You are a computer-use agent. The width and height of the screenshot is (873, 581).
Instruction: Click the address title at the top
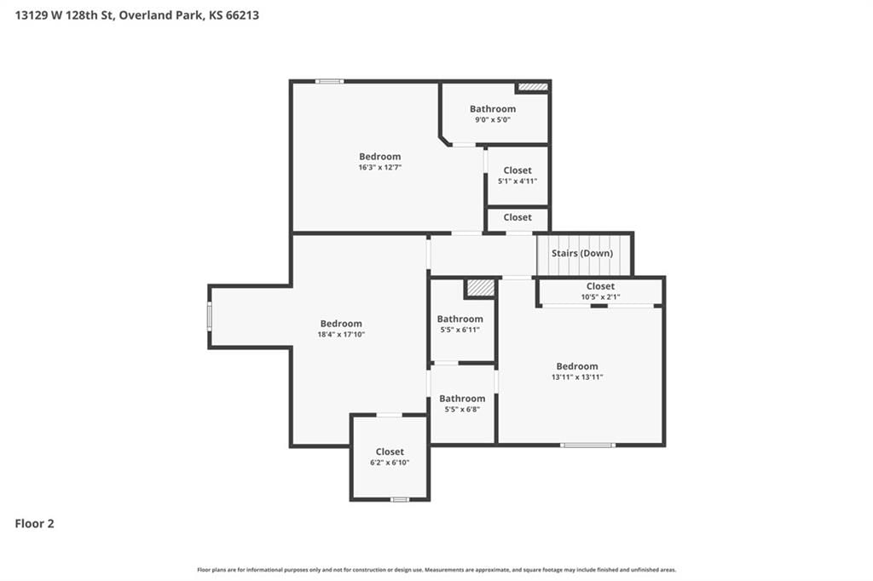pos(137,15)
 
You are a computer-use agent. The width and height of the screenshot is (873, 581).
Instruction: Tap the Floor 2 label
pos(34,524)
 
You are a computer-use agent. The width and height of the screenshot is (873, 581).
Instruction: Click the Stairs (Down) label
pos(582,253)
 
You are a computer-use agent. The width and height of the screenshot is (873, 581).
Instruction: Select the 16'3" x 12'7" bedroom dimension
pos(380,168)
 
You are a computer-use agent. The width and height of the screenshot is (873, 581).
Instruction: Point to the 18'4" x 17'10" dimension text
pos(341,335)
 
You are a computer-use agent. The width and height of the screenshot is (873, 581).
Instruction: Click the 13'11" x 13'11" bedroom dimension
pos(577,377)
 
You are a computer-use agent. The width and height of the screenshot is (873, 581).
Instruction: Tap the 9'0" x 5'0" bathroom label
pos(493,119)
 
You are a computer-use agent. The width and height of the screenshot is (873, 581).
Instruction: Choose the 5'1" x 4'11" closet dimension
pos(517,181)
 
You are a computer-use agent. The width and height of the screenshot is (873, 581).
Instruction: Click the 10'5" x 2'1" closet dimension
pos(601,297)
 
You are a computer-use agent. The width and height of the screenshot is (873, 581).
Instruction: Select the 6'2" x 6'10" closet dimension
pos(390,463)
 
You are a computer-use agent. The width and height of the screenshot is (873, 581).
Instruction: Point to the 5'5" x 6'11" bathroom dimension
pos(460,330)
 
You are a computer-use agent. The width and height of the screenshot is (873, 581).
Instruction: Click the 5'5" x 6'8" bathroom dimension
pos(462,409)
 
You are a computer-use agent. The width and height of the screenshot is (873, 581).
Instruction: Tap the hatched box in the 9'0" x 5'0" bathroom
pos(534,87)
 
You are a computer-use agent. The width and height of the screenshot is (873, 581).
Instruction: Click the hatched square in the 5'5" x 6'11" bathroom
pos(481,288)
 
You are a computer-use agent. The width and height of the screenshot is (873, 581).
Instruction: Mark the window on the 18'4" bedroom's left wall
pos(210,316)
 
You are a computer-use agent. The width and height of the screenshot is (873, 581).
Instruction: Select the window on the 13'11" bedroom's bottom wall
pos(588,446)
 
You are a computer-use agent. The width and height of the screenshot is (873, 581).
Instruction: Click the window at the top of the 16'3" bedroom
pos(330,82)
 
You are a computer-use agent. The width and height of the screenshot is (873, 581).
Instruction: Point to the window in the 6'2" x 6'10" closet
pos(400,500)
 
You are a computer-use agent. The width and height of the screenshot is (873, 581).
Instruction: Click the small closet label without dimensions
pos(517,217)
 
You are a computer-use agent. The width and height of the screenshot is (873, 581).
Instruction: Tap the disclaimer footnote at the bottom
pos(436,570)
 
